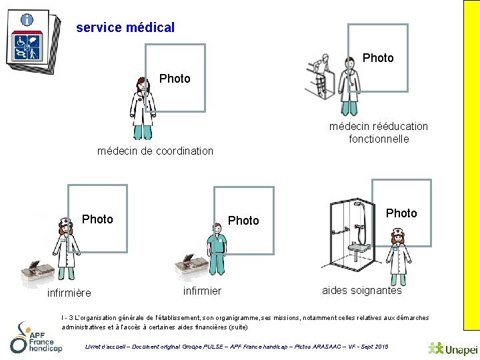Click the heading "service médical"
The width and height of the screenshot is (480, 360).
(125, 28)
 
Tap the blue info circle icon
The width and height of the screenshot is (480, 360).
(27, 20)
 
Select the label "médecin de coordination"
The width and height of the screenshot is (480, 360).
(155, 151)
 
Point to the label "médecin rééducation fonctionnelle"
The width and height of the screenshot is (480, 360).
(379, 133)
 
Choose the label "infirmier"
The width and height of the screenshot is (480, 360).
(202, 291)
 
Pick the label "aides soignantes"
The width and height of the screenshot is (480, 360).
(362, 290)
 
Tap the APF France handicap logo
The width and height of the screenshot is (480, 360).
(36, 337)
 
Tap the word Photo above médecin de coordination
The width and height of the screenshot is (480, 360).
(175, 79)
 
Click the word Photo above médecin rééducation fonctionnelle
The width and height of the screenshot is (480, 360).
(378, 58)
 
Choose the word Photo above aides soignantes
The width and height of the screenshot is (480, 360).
(401, 213)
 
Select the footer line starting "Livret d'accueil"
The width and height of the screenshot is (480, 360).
(237, 347)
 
